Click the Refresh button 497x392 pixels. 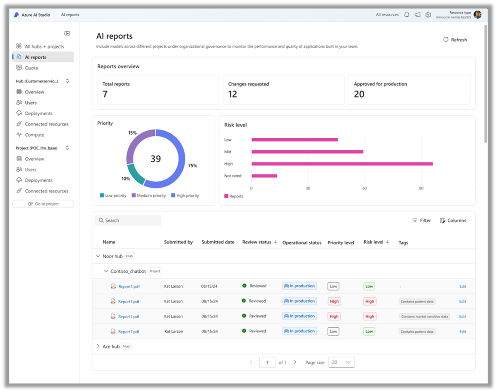pos(455,40)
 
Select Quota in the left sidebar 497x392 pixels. pos(31,68)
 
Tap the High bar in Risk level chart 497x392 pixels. pos(342,164)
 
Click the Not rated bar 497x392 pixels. pos(264,176)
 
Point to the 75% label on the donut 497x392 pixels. pos(192,166)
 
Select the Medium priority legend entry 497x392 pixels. pos(148,196)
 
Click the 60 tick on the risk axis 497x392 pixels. pos(364,188)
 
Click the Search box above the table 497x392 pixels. pos(128,220)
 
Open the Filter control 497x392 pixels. pos(421,220)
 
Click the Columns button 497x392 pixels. pos(453,220)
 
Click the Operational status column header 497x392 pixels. pos(302,243)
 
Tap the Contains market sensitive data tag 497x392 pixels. pos(424,317)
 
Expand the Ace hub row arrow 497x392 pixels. pos(98,346)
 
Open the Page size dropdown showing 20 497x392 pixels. pos(342,362)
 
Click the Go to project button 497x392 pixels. pos(43,204)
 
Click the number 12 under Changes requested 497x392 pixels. pos(233,94)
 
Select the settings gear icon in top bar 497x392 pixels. pos(428,15)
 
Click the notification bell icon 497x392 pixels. pos(406,15)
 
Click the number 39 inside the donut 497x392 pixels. pos(156,159)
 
